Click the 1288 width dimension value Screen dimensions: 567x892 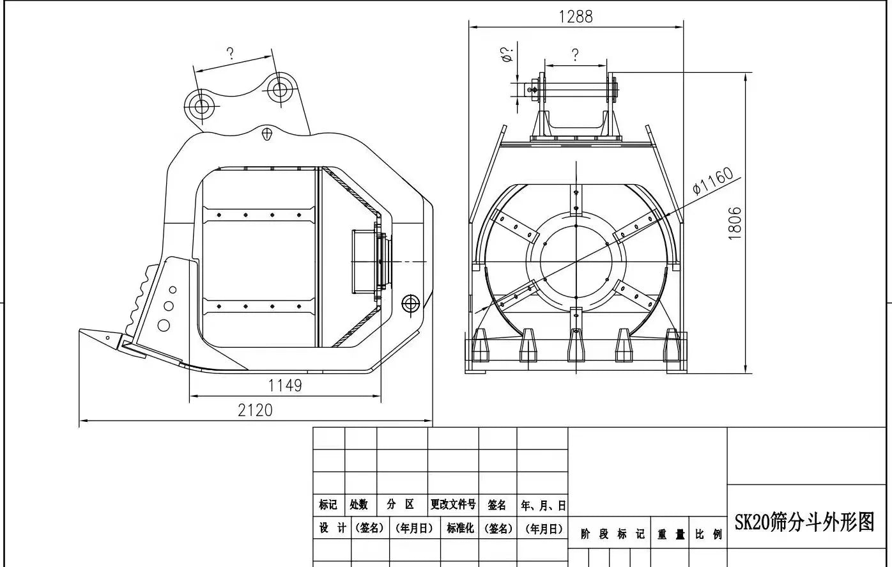(x=576, y=17)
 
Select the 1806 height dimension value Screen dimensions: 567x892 (x=735, y=223)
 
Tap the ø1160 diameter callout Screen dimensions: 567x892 (x=712, y=182)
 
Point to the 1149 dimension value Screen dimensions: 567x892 (x=285, y=385)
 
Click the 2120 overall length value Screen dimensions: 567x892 (x=255, y=410)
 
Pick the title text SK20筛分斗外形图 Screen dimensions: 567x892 (x=804, y=522)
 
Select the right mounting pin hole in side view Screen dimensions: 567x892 (x=279, y=89)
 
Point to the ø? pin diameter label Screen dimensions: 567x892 (x=507, y=54)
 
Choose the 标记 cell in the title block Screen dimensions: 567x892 (x=328, y=505)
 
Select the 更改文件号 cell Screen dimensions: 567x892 (x=452, y=505)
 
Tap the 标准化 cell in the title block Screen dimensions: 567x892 (x=459, y=529)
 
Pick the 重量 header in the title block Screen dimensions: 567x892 (x=671, y=534)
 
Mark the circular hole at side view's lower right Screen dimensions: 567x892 (x=410, y=302)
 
